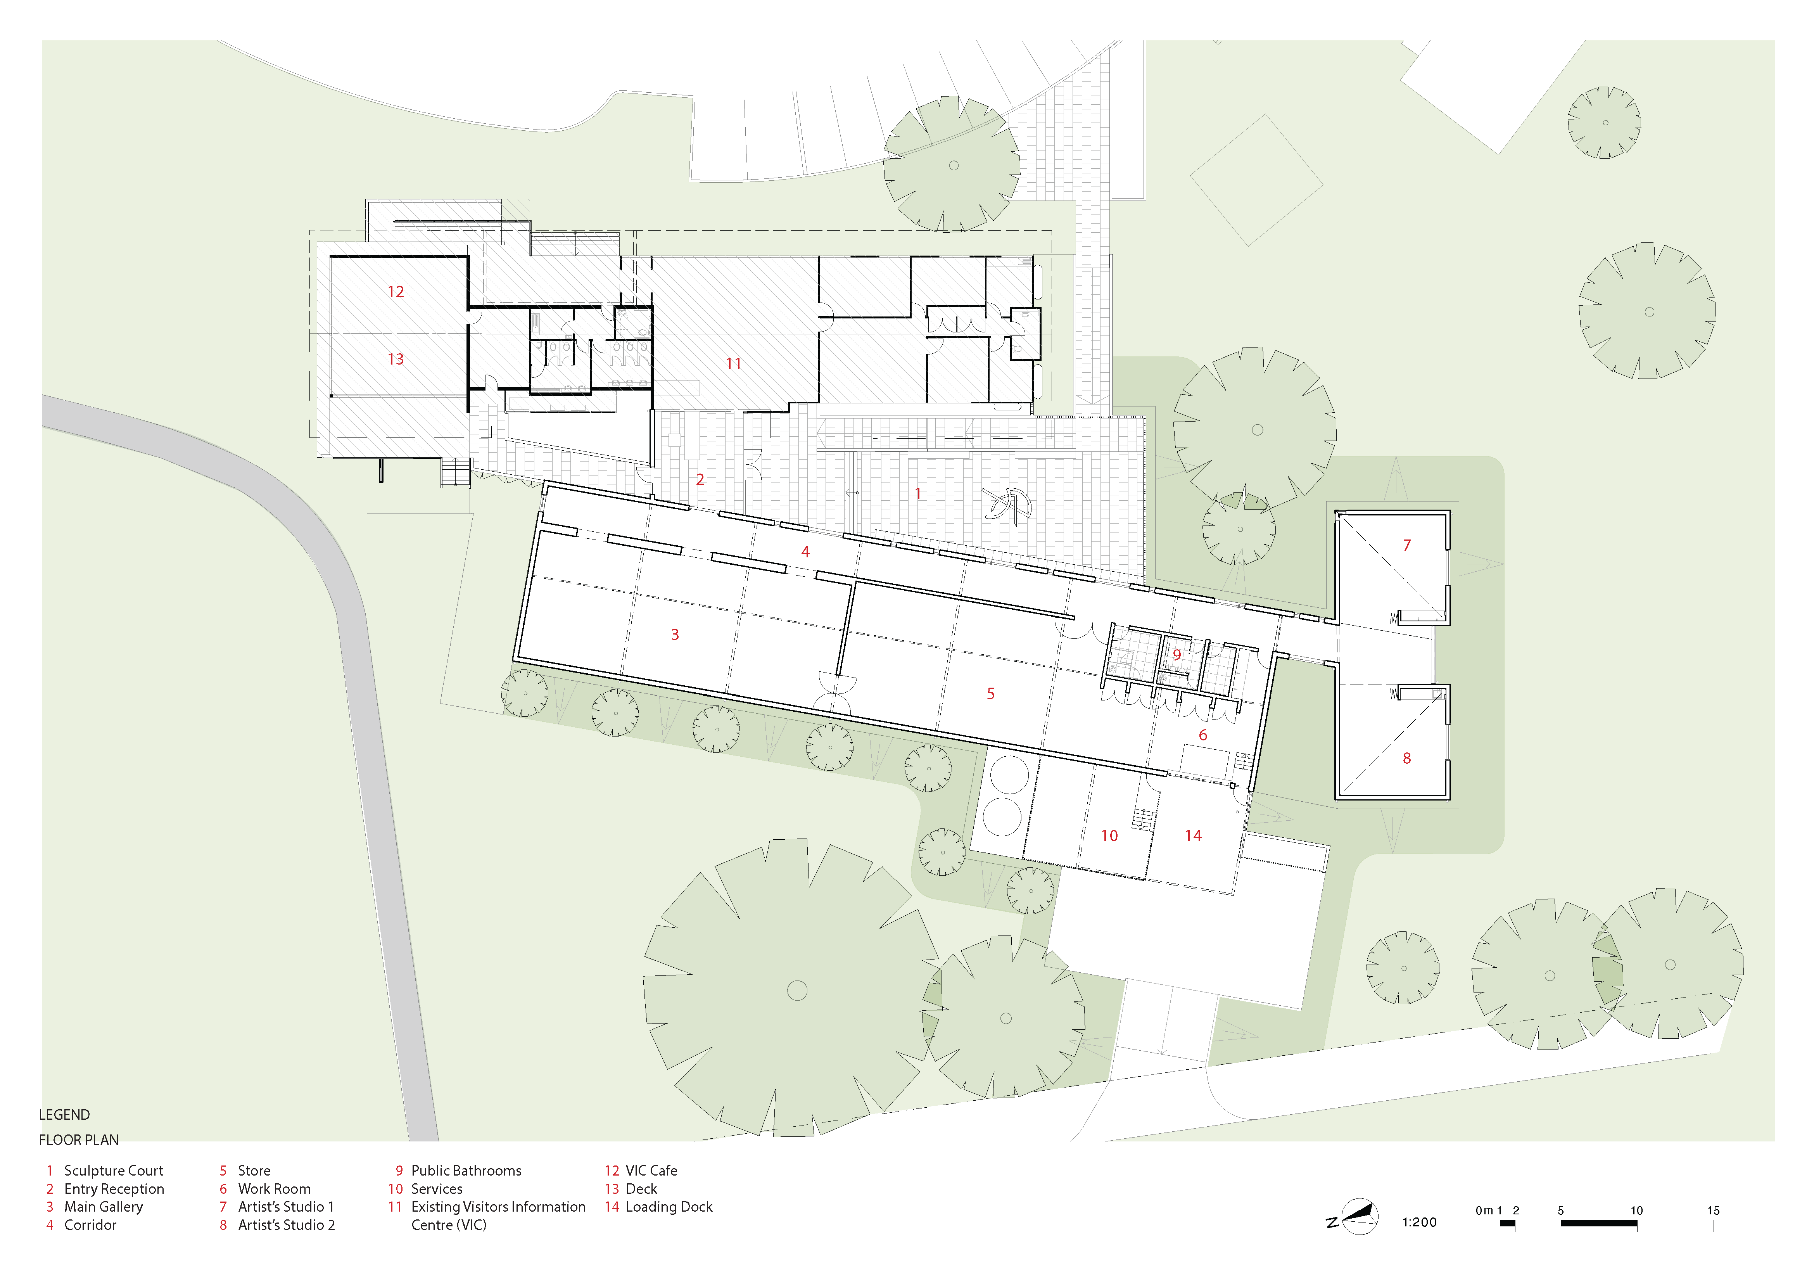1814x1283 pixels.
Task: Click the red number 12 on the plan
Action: (396, 292)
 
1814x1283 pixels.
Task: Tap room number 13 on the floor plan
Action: (396, 360)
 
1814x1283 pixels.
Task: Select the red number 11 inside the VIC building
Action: (733, 363)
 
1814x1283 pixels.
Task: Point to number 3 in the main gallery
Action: (675, 635)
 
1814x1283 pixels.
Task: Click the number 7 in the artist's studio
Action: (1406, 545)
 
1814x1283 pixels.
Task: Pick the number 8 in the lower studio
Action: (1406, 758)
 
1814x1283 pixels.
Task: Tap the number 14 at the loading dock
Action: (1193, 836)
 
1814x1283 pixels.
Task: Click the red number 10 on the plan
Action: (1109, 836)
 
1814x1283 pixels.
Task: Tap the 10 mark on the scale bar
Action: (1636, 1210)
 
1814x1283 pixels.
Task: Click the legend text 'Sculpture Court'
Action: (114, 1171)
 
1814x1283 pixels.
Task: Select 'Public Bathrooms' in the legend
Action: (466, 1171)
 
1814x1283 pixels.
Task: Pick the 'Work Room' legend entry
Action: (274, 1189)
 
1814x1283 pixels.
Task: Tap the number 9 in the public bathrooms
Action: (1177, 655)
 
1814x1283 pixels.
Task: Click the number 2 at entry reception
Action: (700, 479)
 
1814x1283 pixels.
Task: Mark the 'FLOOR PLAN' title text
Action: (79, 1140)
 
